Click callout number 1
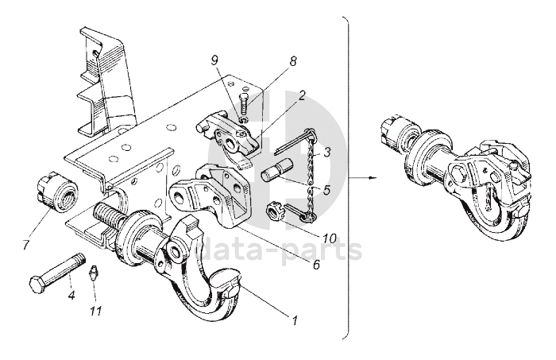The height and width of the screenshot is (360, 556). (x=295, y=320)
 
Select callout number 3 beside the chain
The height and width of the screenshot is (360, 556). (x=327, y=153)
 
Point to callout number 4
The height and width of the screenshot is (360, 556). (x=72, y=294)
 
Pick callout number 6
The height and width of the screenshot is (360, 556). (x=317, y=264)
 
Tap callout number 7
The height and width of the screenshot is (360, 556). (x=26, y=245)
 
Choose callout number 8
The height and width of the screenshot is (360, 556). (x=293, y=61)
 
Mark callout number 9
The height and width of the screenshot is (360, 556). (x=214, y=61)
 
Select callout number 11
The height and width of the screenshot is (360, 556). (x=96, y=311)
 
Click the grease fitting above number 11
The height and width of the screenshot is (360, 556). (x=94, y=273)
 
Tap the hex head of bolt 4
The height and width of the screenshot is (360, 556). (x=37, y=285)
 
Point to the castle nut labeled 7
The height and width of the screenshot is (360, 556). (x=56, y=192)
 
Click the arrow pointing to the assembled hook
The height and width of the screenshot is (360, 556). (x=361, y=177)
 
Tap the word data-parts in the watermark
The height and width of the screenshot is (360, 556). (x=278, y=250)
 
